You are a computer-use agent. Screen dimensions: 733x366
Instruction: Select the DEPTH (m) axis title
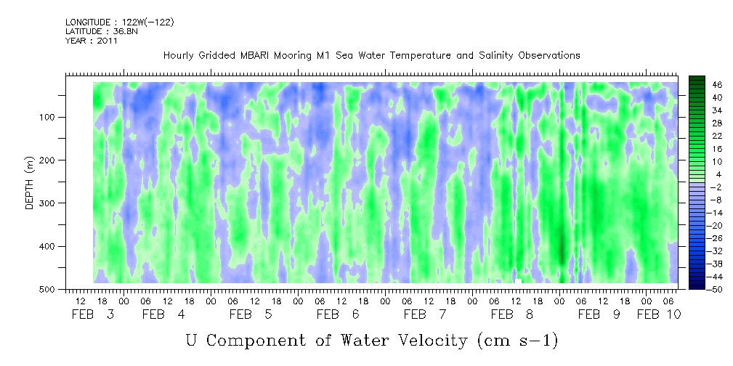click(29, 182)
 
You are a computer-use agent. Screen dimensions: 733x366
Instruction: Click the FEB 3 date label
click(93, 314)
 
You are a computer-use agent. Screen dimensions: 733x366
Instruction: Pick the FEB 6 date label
click(338, 314)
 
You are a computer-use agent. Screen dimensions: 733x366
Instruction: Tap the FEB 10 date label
click(659, 314)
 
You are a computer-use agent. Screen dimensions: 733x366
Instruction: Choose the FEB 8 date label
click(512, 314)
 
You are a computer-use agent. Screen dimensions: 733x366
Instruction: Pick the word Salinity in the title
click(496, 56)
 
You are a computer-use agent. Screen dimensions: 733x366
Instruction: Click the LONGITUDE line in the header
click(120, 22)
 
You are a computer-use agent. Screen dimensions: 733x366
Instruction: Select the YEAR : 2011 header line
click(92, 41)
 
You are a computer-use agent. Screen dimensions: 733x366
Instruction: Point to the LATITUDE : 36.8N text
click(102, 31)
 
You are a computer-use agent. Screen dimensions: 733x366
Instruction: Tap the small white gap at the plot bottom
click(518, 281)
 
